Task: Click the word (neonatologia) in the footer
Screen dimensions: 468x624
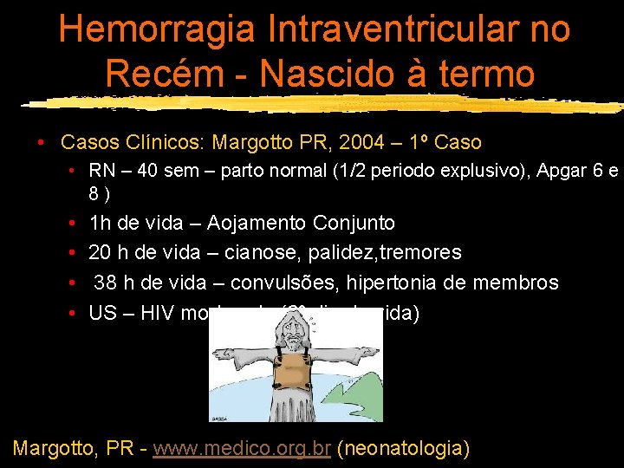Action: [x=403, y=448]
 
